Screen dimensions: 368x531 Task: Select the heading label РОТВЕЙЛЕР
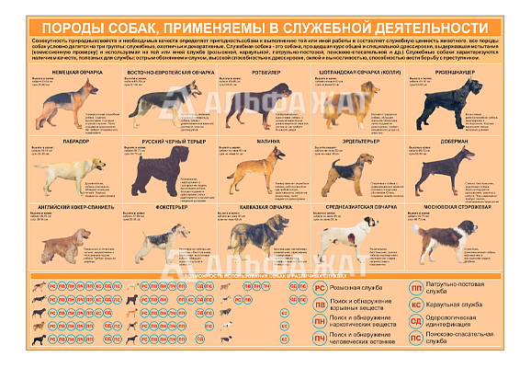click(265, 71)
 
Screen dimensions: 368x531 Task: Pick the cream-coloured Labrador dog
click(70, 173)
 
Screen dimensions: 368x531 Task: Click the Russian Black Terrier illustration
click(163, 173)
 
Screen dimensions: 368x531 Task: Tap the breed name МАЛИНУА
click(266, 141)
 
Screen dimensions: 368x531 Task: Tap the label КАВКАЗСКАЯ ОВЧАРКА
click(265, 208)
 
